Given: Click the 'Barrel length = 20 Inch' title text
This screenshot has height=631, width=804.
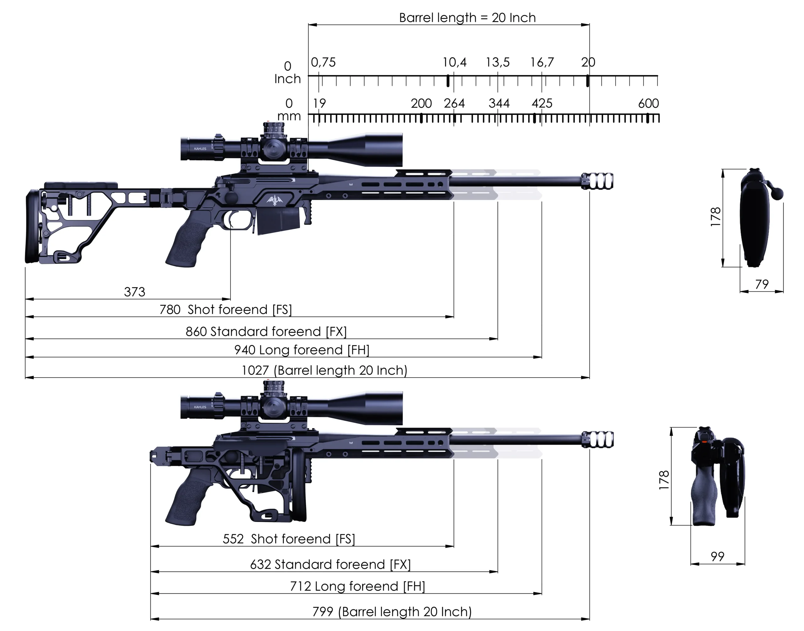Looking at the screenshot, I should (467, 18).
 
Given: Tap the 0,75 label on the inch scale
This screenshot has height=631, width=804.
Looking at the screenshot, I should (323, 62).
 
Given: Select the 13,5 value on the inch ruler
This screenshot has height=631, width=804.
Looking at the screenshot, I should (497, 62).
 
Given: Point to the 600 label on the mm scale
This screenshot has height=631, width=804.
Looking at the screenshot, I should (648, 103).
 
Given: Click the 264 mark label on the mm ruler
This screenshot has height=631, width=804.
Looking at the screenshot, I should (454, 103).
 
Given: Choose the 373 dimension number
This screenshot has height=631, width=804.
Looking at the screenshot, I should (134, 292).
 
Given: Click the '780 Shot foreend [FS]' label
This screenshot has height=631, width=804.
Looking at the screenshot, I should (225, 310).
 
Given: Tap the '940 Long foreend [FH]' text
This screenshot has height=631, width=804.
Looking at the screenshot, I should (302, 350).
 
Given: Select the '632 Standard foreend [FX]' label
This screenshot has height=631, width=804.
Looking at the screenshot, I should (330, 564).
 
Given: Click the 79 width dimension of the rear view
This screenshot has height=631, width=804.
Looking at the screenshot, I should (762, 284).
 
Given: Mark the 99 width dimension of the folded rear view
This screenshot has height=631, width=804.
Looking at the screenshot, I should (717, 556).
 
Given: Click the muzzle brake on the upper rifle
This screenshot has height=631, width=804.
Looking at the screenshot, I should (598, 181).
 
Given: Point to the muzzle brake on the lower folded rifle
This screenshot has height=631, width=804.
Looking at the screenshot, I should (598, 440).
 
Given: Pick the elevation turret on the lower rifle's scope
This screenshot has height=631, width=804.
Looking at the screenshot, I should (274, 388).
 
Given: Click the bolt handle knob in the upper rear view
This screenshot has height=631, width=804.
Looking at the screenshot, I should (779, 193).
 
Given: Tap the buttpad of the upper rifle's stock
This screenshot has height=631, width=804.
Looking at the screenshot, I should (31, 227).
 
